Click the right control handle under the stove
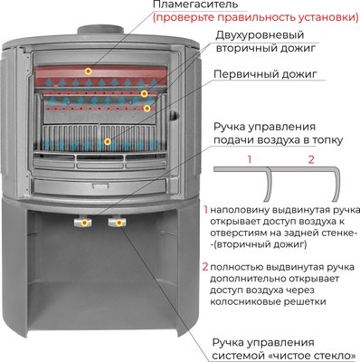click(x=117, y=220)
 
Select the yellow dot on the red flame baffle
click(x=88, y=70)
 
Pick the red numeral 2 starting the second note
click(x=205, y=268)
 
